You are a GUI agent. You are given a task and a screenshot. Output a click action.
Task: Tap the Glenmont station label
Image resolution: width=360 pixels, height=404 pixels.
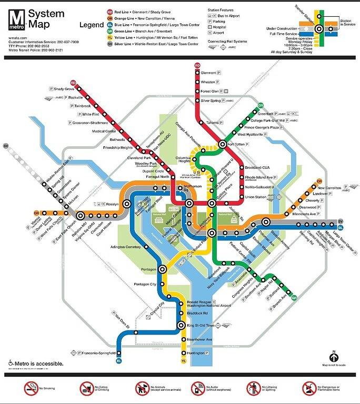(208, 73)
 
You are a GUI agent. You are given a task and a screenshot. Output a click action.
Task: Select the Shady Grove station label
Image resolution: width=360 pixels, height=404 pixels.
(63, 89)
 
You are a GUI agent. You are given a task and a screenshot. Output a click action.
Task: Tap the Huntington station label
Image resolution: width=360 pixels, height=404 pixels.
(196, 353)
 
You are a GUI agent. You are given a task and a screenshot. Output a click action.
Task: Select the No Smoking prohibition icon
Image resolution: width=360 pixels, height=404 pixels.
(31, 389)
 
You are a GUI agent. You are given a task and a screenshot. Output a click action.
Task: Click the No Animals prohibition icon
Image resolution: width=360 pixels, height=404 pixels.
(142, 389)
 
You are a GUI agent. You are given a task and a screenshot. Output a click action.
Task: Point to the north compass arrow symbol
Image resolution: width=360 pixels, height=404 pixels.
(333, 356)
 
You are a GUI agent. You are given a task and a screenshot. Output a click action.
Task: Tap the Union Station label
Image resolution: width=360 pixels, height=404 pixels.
(256, 197)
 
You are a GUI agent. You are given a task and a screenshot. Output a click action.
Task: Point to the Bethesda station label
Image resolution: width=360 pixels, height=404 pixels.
(117, 139)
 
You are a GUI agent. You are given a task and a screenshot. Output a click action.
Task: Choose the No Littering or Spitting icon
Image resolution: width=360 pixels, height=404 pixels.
(254, 389)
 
